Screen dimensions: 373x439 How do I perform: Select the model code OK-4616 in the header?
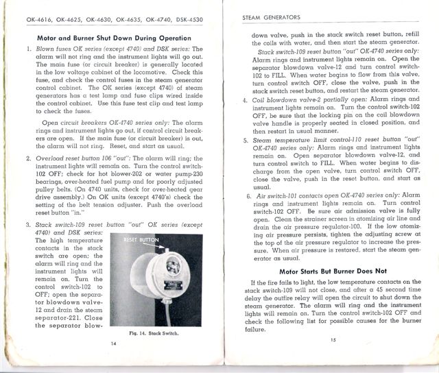(x=40, y=14)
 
